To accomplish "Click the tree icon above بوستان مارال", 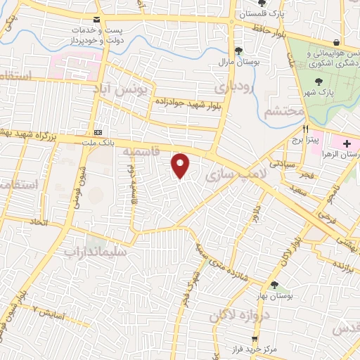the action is (x=239, y=50).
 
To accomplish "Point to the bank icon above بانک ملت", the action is (x=98, y=133).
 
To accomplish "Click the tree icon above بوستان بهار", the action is (x=274, y=285).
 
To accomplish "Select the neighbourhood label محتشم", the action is (x=285, y=112).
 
